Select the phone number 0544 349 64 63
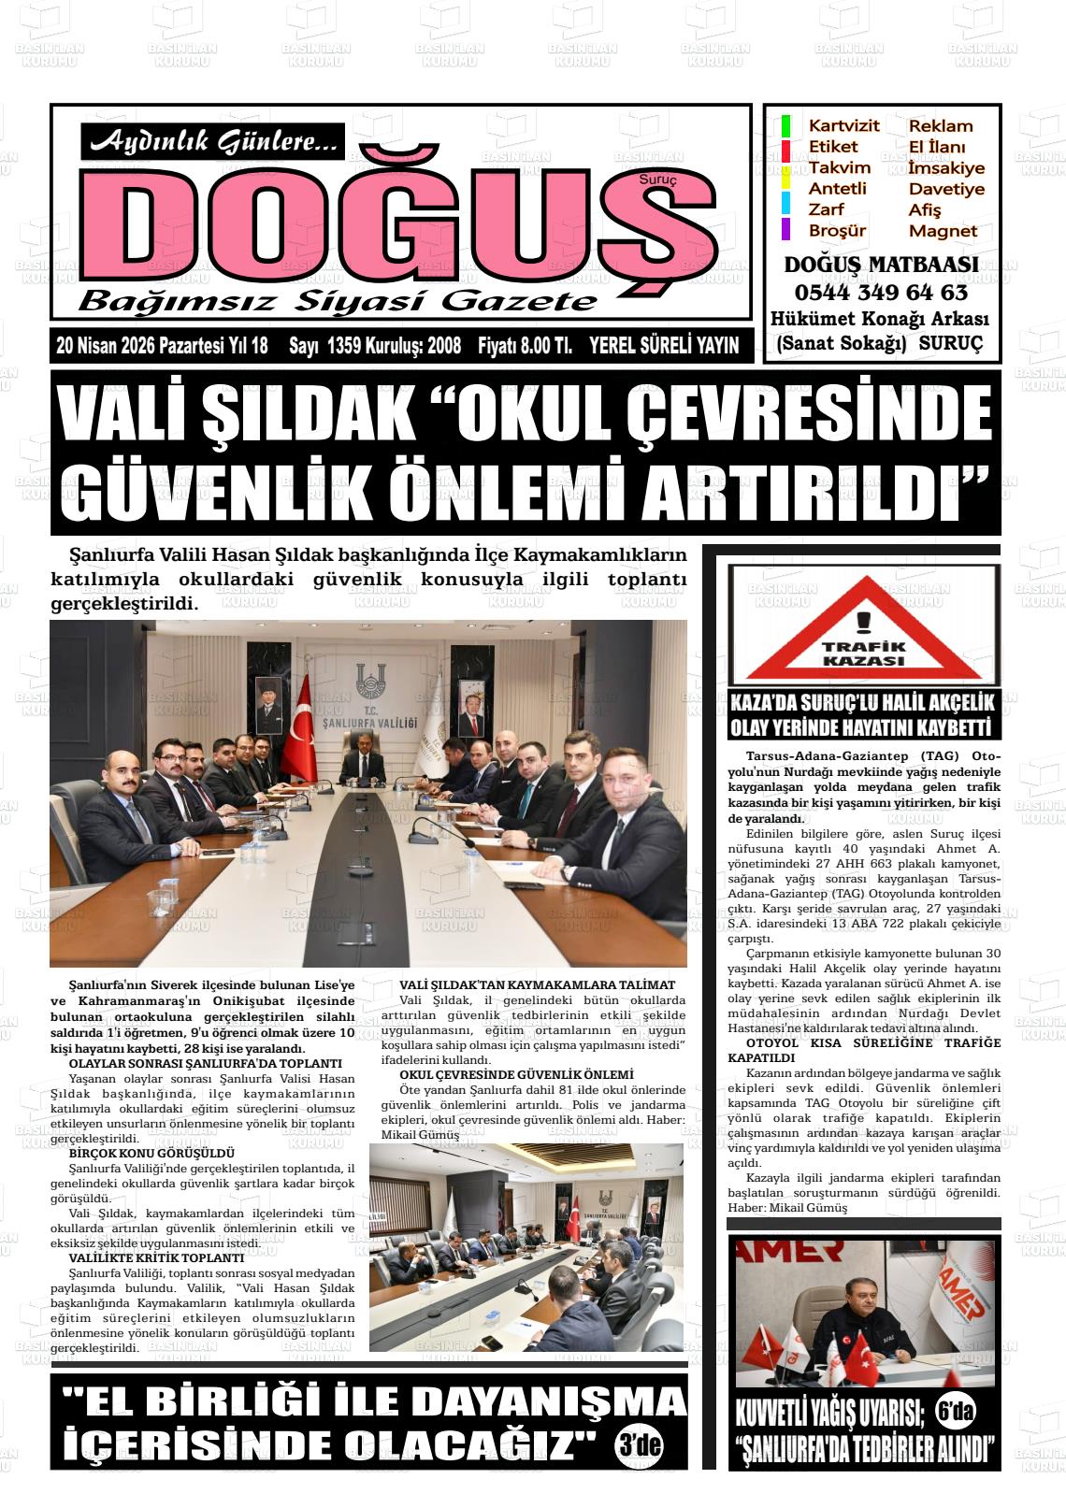pyautogui.click(x=881, y=292)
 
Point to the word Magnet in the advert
pyautogui.click(x=943, y=231)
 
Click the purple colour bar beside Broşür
pyautogui.click(x=786, y=229)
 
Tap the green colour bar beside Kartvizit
pyautogui.click(x=786, y=126)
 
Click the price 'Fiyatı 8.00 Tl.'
pyautogui.click(x=525, y=346)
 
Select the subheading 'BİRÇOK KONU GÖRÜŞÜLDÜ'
pyautogui.click(x=138, y=1154)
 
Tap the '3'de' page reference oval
pyautogui.click(x=640, y=1445)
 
